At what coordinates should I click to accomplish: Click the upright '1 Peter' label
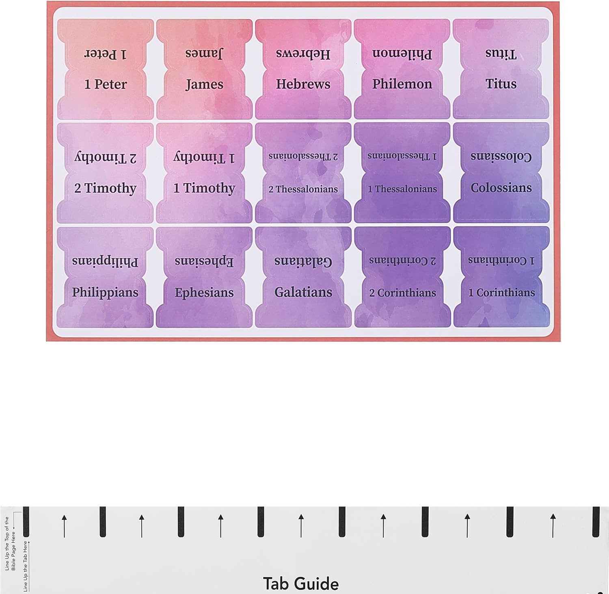point(106,84)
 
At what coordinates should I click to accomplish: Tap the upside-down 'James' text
point(204,53)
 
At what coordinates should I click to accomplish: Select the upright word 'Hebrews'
point(303,84)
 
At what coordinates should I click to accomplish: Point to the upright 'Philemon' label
point(402,84)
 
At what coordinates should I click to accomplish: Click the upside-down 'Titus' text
point(501,53)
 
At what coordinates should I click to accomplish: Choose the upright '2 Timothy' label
point(105,189)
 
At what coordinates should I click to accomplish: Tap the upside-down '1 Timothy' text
point(204,157)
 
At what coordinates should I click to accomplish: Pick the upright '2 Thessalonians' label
point(303,189)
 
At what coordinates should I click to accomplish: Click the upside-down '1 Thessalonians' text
point(402,156)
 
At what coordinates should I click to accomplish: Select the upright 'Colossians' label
point(501,188)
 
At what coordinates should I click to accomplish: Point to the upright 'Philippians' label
point(105,293)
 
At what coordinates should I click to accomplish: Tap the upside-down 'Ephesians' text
point(204,261)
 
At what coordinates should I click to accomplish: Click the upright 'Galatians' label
point(303,292)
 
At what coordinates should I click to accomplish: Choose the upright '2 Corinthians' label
point(402,293)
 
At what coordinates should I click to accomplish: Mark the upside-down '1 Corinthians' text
point(501,260)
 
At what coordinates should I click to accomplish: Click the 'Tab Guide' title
point(301,584)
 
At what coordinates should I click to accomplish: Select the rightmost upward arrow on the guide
point(553,526)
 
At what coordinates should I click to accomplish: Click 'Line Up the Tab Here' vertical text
point(26,566)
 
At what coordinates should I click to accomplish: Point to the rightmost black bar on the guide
point(596,522)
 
